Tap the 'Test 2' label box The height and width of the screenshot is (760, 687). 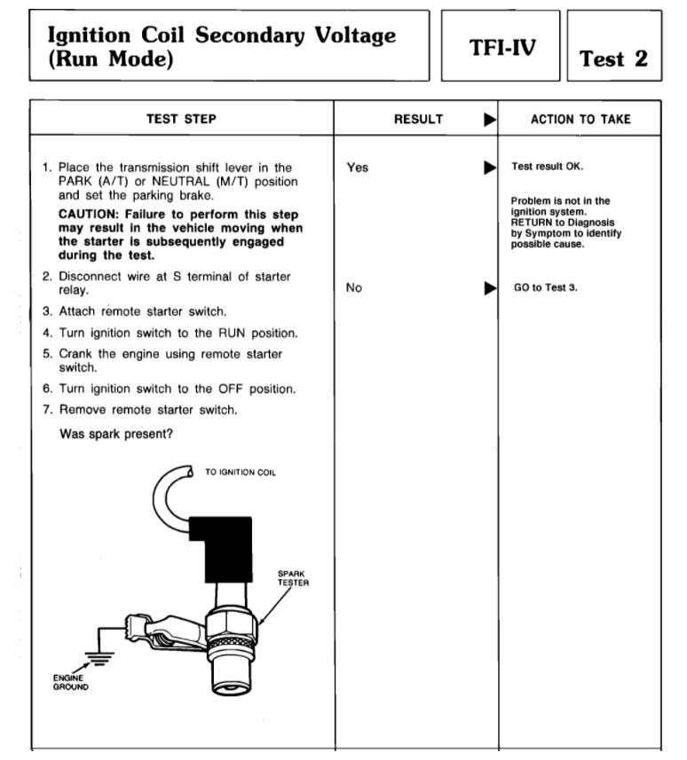coord(613,59)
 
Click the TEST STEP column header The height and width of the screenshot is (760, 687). coord(181,117)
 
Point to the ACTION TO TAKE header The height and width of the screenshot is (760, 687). coord(580,117)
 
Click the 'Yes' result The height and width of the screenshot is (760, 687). coord(358,167)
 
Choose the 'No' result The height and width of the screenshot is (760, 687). coord(355,288)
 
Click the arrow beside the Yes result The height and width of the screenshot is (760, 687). coord(487,167)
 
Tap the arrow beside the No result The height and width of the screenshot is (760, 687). coord(487,288)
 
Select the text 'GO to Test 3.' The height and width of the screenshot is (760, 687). coord(545,288)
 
